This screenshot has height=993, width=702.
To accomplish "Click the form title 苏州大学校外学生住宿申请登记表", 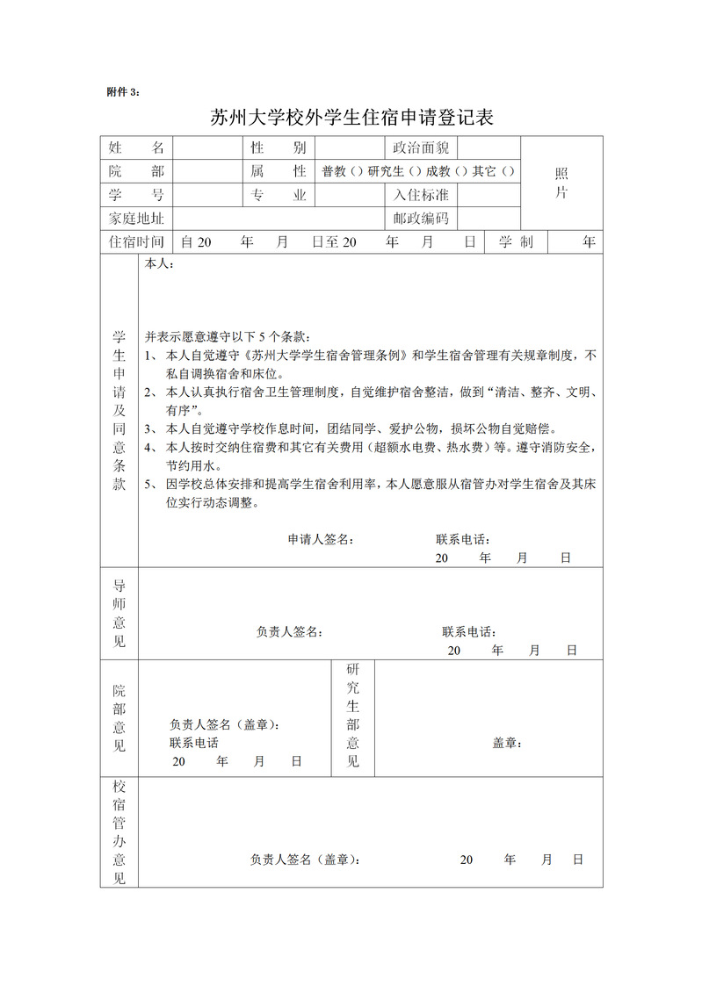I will click(x=351, y=118).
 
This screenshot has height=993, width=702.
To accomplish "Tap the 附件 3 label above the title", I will click(x=122, y=91).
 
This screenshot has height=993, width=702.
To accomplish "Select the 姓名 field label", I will click(x=136, y=148).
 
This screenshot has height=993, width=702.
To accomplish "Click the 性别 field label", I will click(x=279, y=148).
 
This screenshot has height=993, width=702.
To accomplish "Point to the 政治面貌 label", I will click(x=420, y=148).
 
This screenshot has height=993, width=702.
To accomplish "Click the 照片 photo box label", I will click(x=561, y=183).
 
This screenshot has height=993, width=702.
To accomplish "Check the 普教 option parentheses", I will click(x=356, y=171).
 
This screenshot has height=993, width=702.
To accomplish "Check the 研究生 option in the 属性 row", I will click(x=416, y=171).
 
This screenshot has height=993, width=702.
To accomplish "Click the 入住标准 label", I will click(x=420, y=195).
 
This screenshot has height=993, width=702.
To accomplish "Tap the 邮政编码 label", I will click(x=420, y=219).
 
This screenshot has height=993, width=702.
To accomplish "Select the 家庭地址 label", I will click(x=136, y=219).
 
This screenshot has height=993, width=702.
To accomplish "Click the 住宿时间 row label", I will click(x=136, y=242).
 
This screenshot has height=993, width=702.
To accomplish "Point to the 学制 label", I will click(x=516, y=242).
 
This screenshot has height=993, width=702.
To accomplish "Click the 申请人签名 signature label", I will click(x=322, y=539).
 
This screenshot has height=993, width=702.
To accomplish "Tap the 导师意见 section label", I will click(x=119, y=613).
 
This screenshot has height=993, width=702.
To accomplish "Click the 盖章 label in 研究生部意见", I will click(x=507, y=743).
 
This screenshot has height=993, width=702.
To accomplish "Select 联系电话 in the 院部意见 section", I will click(x=194, y=743).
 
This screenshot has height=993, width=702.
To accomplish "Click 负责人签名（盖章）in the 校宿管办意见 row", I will click(x=305, y=860).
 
